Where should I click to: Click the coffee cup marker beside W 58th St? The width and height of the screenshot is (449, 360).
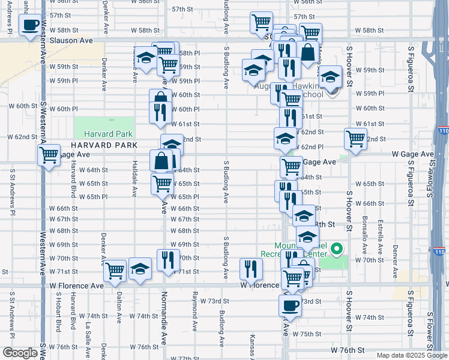point(30,26)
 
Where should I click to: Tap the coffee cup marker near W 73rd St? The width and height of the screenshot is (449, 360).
point(289,306)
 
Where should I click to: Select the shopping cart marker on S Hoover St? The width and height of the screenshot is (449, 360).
point(355,139)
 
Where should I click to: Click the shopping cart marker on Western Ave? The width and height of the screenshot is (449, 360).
point(49,155)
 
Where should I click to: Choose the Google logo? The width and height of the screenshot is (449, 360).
point(19,353)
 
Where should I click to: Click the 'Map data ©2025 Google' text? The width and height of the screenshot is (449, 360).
point(412,355)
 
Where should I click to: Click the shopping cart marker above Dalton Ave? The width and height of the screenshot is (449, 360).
point(114,271)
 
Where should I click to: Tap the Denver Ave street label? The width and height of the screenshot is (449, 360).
point(396,262)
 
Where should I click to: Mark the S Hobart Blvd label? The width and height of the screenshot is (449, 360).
point(58,312)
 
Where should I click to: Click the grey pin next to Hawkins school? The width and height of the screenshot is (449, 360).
point(334,91)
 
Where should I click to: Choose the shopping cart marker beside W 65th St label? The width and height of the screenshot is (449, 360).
point(162,184)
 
